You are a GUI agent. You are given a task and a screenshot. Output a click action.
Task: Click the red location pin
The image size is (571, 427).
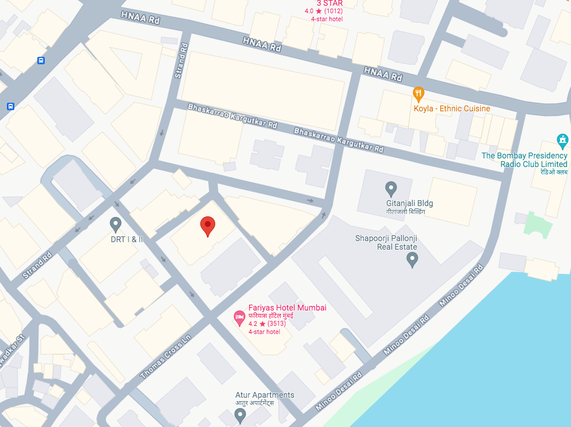point(208,226)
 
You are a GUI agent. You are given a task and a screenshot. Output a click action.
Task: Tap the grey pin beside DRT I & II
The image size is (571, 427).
point(115,224)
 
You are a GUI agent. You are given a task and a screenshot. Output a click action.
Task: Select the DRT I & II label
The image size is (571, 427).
point(127,239)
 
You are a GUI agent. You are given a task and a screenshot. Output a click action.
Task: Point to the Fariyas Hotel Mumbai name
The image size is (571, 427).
point(287,308)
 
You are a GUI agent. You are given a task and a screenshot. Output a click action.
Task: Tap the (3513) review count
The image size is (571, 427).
point(277,324)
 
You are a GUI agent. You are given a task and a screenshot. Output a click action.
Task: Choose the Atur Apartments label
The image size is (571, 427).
point(265,395)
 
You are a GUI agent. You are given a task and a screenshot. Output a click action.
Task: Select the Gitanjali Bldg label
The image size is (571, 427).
point(410,203)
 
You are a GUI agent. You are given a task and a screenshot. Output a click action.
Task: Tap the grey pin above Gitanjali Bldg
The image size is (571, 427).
point(391,188)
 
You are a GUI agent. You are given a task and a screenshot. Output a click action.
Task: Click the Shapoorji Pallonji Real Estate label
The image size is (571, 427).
point(386,243)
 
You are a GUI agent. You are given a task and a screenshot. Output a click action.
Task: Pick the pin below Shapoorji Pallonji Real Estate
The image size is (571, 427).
point(412,260)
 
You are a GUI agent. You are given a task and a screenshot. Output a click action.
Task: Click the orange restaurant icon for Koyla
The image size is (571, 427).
point(419,93)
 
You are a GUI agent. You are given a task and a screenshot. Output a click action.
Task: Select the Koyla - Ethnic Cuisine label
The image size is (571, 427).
point(452,108)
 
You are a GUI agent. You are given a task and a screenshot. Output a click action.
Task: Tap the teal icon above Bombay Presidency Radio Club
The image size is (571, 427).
point(562,139)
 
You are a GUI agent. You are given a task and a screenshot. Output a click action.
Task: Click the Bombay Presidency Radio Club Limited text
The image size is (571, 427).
point(525,160)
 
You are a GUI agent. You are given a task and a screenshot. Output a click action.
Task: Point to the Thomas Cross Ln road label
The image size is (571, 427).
point(165,358)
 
